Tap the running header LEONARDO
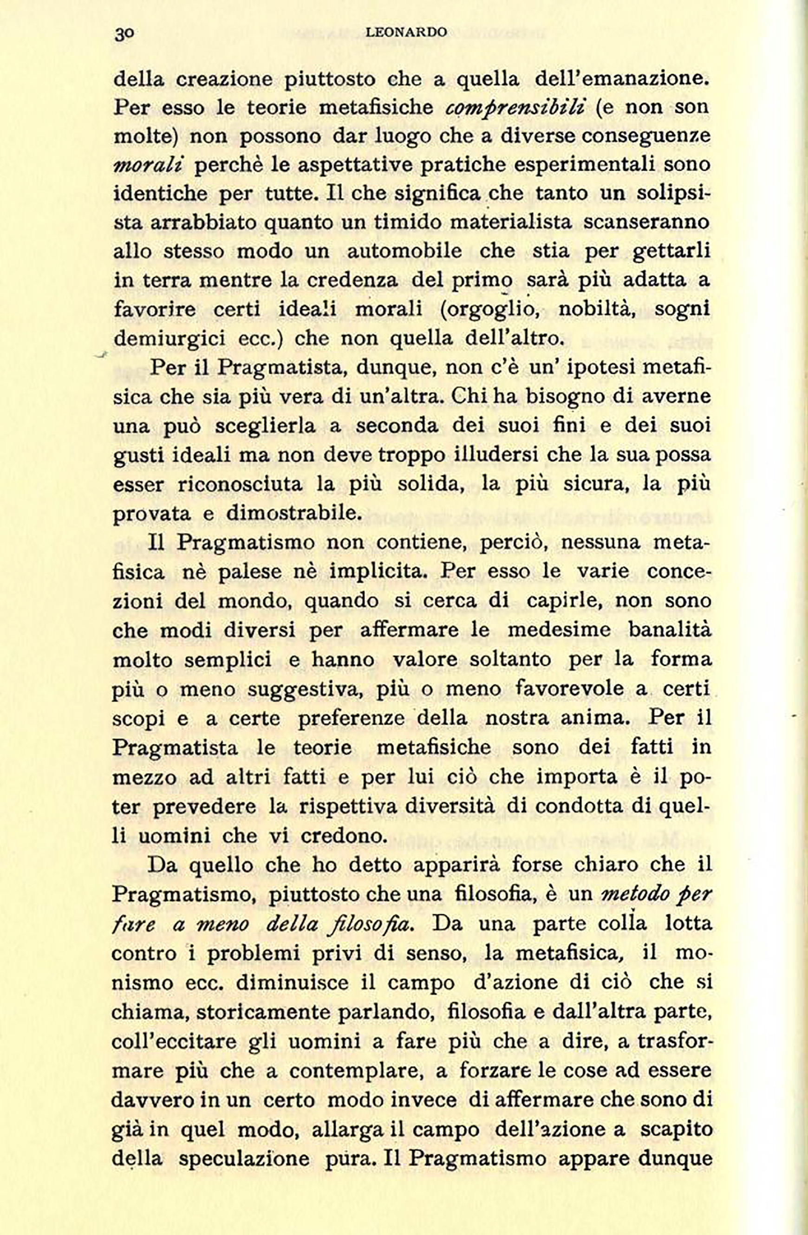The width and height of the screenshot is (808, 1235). tap(406, 32)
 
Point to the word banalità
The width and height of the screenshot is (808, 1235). tap(670, 630)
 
